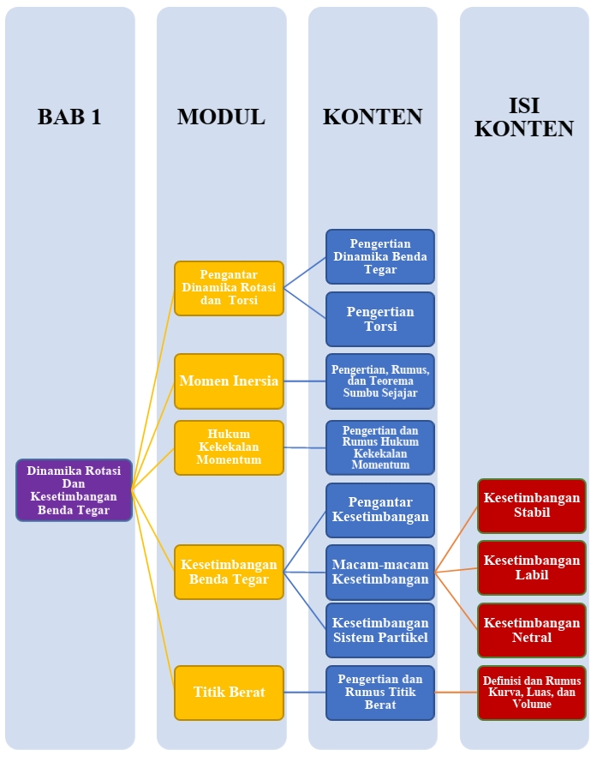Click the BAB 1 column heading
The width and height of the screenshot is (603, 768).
[x=69, y=117]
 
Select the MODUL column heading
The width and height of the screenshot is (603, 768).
[x=221, y=117]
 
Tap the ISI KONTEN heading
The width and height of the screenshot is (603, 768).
[x=524, y=117]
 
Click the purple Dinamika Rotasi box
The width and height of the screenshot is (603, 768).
[x=75, y=490]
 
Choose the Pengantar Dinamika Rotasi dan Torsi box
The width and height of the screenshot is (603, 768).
[x=229, y=288]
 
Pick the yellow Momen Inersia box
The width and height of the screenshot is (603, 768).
[x=229, y=380]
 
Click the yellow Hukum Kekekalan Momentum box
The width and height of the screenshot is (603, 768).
[x=229, y=447]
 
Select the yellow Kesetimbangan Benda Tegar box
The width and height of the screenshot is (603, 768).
[x=229, y=572]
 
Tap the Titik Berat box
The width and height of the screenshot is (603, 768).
[x=229, y=692]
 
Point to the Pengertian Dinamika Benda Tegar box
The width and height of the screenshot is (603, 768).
[x=379, y=256]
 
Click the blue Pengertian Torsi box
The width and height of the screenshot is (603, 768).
[x=379, y=319]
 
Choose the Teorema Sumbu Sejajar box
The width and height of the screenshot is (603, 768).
[x=379, y=381]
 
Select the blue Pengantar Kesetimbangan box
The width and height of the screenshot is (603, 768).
[x=379, y=510]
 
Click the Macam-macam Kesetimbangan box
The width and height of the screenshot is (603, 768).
[x=379, y=572]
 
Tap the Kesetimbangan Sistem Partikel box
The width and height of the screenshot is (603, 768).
[x=379, y=630]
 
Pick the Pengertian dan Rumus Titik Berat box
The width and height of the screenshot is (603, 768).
[x=379, y=692]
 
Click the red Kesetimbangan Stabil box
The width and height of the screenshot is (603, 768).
[x=531, y=506]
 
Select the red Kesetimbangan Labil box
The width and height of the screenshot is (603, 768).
[x=531, y=567]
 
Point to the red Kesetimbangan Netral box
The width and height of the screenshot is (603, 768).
[x=531, y=630]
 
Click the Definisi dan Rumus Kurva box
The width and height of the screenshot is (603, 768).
[x=531, y=692]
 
